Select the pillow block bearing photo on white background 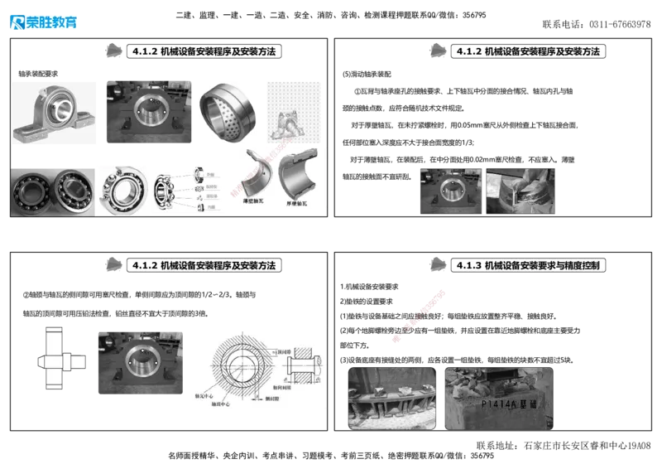pyautogui.click(x=55, y=113)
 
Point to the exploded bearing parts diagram pyautogui.click(x=186, y=188)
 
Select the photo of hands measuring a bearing pyautogui.click(x=519, y=191)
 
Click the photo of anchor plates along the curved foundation pyautogui.click(x=391, y=398)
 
